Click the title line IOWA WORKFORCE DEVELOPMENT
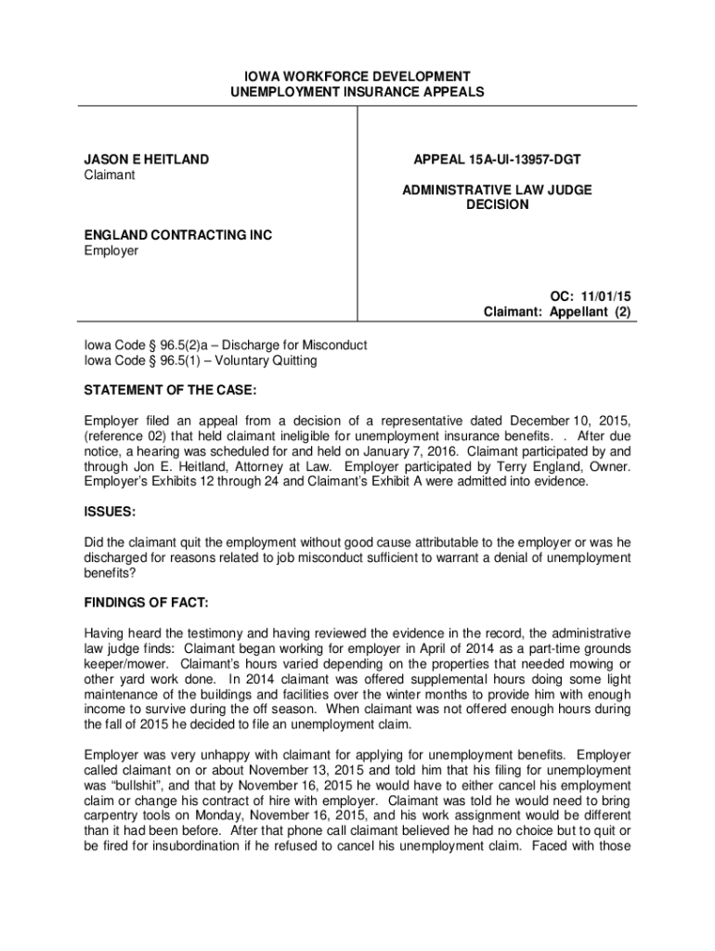point(357,76)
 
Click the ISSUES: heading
point(110,512)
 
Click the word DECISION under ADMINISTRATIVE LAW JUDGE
point(497,204)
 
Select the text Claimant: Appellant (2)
point(557,312)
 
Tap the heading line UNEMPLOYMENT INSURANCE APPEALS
point(357,92)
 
